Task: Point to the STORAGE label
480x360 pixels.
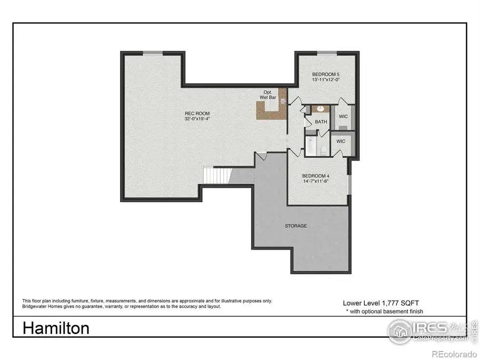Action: coord(295,226)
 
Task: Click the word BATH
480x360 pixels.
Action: coord(321,122)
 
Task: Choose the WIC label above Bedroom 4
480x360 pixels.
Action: coord(340,141)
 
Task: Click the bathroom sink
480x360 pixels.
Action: coord(321,109)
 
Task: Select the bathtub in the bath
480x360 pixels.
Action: coord(310,146)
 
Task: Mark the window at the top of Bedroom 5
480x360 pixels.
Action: coord(326,52)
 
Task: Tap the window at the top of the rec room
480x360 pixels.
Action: coord(153,52)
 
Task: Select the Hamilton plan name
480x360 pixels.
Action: coord(56,328)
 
